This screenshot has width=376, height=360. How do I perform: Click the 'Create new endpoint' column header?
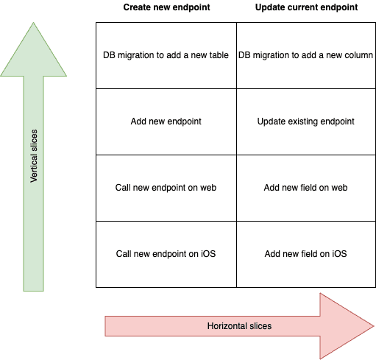click(166, 7)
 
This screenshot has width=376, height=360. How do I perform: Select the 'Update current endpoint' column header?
click(306, 7)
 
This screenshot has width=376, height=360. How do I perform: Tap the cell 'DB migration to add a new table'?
click(166, 55)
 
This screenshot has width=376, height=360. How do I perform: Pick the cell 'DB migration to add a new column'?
click(306, 55)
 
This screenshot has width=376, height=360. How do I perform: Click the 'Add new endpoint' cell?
click(166, 121)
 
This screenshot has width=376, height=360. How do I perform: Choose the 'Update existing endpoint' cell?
click(306, 121)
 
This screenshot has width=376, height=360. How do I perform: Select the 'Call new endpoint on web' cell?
click(166, 188)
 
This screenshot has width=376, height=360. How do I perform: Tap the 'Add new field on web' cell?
click(306, 188)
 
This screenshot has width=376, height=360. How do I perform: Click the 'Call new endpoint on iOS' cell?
click(166, 254)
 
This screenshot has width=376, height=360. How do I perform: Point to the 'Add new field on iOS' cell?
click(306, 254)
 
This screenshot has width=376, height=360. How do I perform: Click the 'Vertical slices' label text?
click(34, 156)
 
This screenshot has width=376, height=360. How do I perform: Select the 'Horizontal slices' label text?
click(239, 326)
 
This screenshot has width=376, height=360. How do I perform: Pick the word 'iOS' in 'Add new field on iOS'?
click(339, 254)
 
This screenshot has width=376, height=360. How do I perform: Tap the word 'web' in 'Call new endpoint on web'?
click(208, 188)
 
